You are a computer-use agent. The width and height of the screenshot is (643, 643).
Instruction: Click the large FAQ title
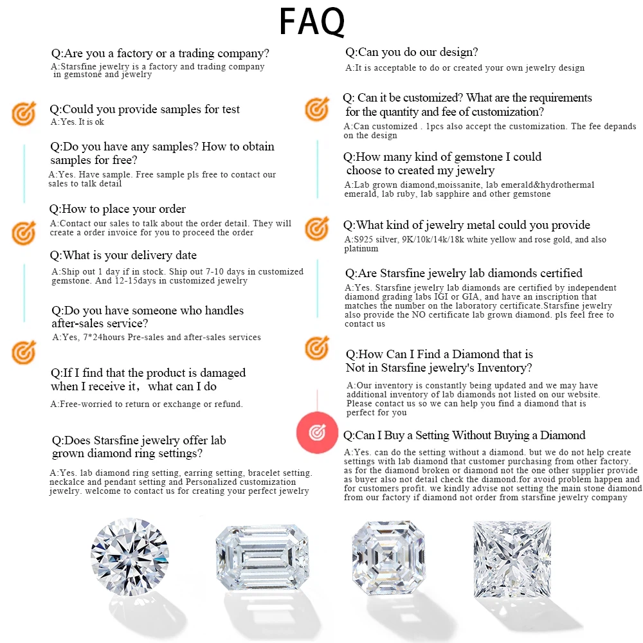click(x=312, y=22)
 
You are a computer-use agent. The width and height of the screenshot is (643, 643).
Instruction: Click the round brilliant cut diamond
click(x=130, y=556)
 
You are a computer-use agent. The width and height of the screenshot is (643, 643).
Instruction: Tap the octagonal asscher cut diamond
click(x=388, y=557)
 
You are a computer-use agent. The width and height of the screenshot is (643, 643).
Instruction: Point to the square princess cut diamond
click(x=512, y=559)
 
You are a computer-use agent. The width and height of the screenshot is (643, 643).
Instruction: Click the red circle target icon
click(x=317, y=432)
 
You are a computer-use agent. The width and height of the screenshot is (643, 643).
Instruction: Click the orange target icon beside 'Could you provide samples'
click(x=24, y=113)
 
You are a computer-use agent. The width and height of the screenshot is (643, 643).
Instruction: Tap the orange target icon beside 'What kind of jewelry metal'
click(x=317, y=228)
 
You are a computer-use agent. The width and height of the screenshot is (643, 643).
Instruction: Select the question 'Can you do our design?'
click(x=412, y=52)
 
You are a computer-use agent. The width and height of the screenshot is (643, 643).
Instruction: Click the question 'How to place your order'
click(x=117, y=209)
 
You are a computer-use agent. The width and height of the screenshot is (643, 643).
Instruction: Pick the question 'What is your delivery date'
click(x=123, y=255)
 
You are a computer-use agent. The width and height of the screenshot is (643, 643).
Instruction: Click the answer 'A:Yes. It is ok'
click(x=77, y=122)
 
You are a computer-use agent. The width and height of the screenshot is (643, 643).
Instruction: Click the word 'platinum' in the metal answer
click(x=361, y=248)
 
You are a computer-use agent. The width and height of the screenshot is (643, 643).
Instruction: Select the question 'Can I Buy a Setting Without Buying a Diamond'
click(x=464, y=435)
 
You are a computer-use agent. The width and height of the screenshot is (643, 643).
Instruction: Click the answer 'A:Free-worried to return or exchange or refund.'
click(x=147, y=404)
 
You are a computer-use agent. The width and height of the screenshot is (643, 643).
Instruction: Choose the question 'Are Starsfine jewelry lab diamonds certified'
click(x=464, y=273)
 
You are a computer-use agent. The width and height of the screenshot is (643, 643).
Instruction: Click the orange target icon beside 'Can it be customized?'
click(x=317, y=109)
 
